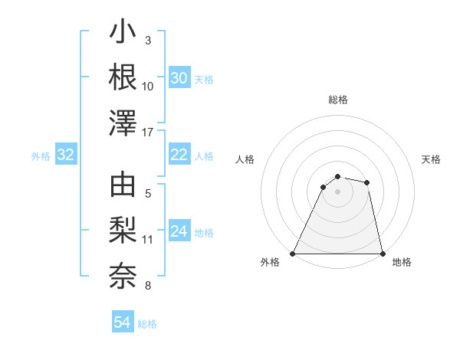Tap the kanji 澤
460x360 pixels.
pos(123,123)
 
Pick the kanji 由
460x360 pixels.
pos(123,187)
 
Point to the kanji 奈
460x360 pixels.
pos(123,273)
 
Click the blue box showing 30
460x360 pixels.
pos(179,78)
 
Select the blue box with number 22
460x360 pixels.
pos(179,155)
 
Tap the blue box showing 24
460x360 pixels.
pos(179,231)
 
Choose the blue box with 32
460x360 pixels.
pos(65,155)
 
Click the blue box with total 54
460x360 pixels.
pos(123,323)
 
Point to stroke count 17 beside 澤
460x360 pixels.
pos(148,133)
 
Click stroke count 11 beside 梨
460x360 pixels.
pos(148,240)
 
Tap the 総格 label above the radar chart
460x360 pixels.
pos(338,100)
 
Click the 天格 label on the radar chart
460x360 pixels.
pos(432,159)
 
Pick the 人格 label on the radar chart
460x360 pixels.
pos(245,159)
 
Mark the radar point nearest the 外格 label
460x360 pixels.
pos(293,254)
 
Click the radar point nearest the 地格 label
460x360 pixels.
pos(382,254)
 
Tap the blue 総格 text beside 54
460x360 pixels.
pos(147,324)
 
